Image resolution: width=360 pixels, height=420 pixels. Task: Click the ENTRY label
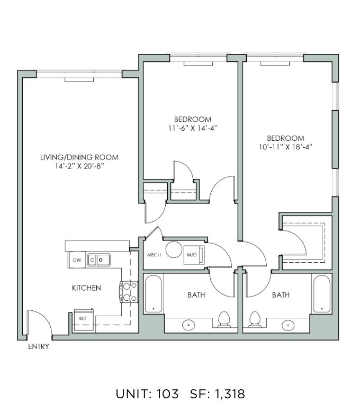point(39,346)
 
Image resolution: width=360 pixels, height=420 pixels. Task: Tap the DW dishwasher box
point(77,260)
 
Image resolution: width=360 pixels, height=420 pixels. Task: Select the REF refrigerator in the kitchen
point(83,319)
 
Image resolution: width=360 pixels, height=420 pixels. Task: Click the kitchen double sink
point(99,260)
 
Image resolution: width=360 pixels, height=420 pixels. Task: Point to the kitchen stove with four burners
point(129,292)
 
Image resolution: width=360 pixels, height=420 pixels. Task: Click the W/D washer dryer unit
point(194,255)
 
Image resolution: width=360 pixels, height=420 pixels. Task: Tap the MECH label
point(154,255)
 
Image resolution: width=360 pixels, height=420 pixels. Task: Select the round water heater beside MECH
point(174,249)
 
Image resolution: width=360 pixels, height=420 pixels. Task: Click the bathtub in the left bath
point(154,294)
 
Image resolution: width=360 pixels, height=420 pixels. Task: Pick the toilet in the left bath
point(224,319)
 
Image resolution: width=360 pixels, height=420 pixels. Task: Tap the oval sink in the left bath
point(188,325)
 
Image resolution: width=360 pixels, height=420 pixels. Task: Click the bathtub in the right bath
point(322,294)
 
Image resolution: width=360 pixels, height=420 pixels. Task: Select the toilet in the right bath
point(255,319)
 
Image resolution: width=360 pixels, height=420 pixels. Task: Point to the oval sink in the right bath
point(288,325)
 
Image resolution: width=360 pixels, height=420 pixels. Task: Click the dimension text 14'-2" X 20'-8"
point(79,166)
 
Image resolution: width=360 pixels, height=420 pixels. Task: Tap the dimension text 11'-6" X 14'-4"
point(193,128)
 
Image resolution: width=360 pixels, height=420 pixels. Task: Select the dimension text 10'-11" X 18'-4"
point(286,147)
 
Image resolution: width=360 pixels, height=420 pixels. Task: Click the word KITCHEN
point(86,288)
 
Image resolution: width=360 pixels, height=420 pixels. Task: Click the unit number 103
point(167,394)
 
